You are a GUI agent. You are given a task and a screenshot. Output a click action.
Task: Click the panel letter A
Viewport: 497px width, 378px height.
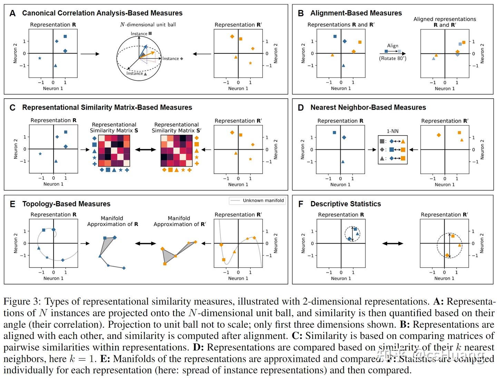(12, 13)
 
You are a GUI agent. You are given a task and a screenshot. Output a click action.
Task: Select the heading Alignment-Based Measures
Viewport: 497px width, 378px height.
(356, 13)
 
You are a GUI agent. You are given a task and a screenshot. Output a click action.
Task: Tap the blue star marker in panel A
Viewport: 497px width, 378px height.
(40, 58)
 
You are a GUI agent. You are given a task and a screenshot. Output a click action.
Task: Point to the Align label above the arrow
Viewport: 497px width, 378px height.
(392, 46)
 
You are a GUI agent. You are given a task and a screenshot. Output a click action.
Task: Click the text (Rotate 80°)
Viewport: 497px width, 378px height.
(392, 58)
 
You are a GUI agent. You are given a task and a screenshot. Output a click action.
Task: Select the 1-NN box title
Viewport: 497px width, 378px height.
(392, 131)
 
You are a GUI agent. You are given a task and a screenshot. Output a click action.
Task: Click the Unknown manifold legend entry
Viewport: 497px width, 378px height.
(263, 200)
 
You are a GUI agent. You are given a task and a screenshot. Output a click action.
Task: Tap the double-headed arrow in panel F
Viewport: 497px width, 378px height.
(393, 243)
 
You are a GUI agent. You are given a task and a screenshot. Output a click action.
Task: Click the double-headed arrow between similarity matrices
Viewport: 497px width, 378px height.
(145, 150)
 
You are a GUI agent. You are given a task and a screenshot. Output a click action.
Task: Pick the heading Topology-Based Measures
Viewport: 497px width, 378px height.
(66, 204)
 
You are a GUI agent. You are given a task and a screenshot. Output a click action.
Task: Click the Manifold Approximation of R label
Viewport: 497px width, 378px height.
(113, 221)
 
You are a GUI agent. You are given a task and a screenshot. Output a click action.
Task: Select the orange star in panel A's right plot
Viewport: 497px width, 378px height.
(250, 63)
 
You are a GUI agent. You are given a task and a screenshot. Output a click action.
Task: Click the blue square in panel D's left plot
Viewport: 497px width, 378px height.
(334, 132)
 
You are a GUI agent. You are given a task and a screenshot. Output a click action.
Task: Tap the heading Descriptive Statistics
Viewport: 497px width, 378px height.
(345, 204)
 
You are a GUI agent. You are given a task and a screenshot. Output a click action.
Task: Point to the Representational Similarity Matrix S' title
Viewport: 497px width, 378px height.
(176, 127)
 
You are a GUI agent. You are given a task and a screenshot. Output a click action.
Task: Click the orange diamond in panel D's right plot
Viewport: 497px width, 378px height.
(439, 135)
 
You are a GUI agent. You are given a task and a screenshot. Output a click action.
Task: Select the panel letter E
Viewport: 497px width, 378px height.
(12, 204)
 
